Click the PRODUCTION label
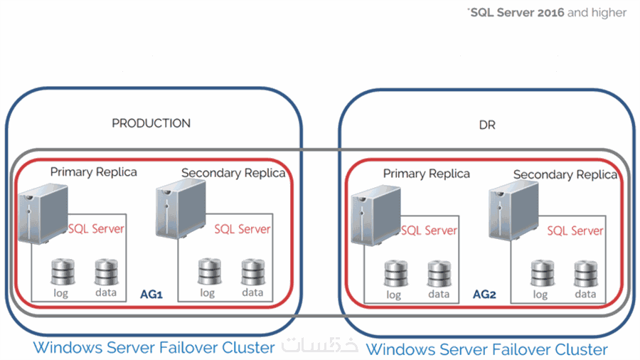[x=151, y=123]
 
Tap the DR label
[x=486, y=125]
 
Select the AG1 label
[x=152, y=293]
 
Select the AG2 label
[x=484, y=293]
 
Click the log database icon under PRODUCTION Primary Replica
[x=60, y=272]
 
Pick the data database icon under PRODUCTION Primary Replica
[x=106, y=272]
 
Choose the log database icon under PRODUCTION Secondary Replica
[x=207, y=272]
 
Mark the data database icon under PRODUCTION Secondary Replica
[x=252, y=272]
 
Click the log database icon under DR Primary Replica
[x=393, y=274]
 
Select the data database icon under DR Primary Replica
[x=439, y=274]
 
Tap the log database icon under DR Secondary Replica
[x=540, y=274]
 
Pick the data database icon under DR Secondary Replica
[x=585, y=274]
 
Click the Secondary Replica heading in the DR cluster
[x=565, y=174]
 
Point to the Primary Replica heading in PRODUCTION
[x=94, y=171]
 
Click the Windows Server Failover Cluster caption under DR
[x=486, y=349]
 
